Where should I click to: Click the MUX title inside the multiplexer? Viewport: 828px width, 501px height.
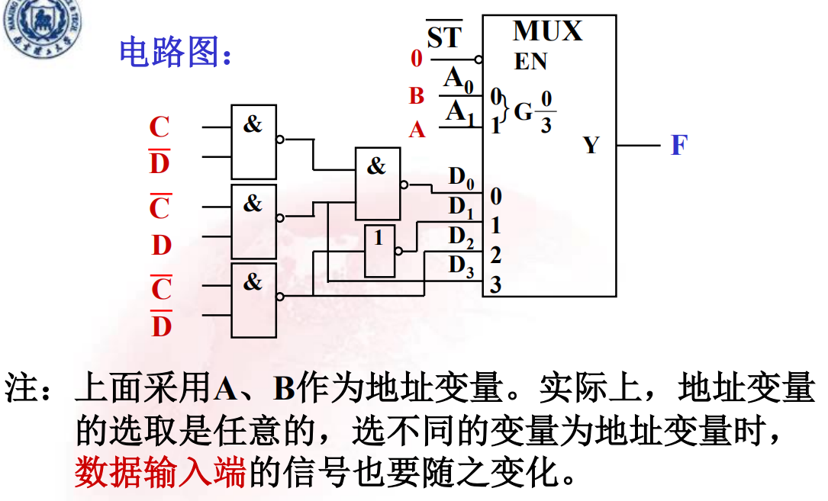(x=548, y=32)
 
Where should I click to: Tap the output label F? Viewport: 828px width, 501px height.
(x=679, y=145)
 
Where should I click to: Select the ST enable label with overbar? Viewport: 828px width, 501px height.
(x=444, y=37)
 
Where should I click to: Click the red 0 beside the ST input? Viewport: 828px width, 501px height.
(x=416, y=58)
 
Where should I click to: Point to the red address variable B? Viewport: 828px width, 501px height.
(x=416, y=96)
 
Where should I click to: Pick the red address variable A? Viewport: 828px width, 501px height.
(x=417, y=130)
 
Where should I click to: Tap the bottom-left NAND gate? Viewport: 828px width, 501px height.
(x=253, y=300)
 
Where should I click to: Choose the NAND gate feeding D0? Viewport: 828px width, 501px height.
(x=377, y=184)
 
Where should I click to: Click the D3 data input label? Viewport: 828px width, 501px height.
(x=461, y=265)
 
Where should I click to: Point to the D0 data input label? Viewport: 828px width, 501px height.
(x=461, y=178)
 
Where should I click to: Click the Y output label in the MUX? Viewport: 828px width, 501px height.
(x=591, y=145)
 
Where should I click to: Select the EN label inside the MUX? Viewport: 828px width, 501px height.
(x=531, y=61)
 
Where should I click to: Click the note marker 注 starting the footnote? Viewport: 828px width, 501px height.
(x=23, y=389)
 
